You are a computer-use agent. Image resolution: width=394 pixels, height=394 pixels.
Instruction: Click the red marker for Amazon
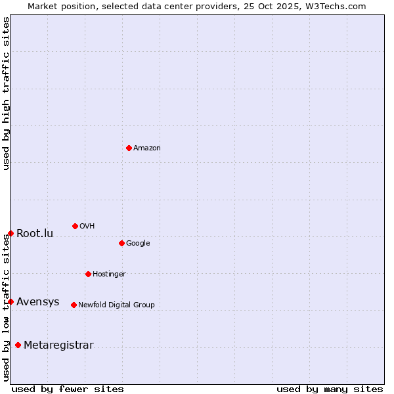click(129, 148)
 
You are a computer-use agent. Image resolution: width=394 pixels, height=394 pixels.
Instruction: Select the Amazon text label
click(147, 148)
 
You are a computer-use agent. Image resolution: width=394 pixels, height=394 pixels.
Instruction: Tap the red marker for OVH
click(75, 226)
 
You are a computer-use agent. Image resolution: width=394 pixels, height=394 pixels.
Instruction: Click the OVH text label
click(87, 227)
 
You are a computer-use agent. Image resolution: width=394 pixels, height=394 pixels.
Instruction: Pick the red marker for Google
click(121, 243)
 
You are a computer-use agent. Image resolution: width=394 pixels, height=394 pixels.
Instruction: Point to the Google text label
click(138, 244)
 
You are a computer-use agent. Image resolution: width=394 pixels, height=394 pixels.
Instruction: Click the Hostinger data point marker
click(88, 274)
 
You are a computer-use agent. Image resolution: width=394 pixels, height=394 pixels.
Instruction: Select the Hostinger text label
click(109, 274)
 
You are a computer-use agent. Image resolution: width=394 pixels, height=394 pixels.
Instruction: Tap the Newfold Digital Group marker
click(74, 305)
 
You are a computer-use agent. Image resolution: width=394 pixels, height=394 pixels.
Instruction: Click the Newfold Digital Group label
click(116, 305)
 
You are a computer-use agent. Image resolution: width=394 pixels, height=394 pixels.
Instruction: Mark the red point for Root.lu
click(11, 233)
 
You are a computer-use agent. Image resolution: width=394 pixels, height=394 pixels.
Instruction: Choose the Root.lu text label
click(35, 234)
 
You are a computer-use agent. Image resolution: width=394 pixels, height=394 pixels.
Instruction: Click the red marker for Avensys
click(11, 301)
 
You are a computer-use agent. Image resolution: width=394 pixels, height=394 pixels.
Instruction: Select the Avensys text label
click(38, 302)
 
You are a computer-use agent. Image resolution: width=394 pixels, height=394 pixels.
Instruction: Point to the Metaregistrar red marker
click(18, 345)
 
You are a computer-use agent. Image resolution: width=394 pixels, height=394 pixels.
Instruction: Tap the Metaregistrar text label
click(58, 345)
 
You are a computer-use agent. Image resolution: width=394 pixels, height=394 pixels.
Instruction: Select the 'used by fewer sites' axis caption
click(68, 389)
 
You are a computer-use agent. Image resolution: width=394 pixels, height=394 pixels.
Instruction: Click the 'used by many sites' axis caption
click(330, 389)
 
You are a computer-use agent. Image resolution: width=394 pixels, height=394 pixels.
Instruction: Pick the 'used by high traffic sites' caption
click(6, 93)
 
